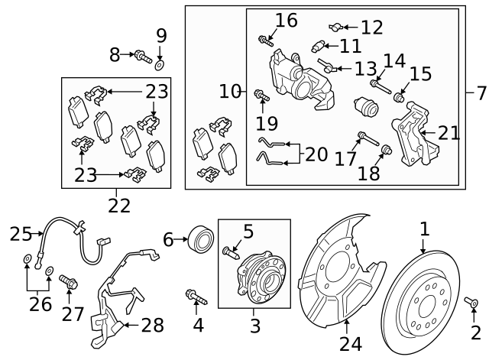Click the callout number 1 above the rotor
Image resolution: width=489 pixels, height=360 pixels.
coord(424,229)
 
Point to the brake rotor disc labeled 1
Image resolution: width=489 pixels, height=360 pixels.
coord(432,299)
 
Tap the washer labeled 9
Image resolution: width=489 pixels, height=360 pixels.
coord(160,59)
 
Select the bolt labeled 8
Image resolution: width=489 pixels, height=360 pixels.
coord(142,54)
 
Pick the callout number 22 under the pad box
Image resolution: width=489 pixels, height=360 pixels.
coord(119,205)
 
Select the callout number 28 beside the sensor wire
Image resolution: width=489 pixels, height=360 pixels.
coord(153,326)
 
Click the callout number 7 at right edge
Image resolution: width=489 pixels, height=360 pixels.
coord(481,94)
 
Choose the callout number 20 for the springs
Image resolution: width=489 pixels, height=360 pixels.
coord(316,154)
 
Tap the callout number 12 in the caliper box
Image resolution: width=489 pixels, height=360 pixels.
coord(371,28)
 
